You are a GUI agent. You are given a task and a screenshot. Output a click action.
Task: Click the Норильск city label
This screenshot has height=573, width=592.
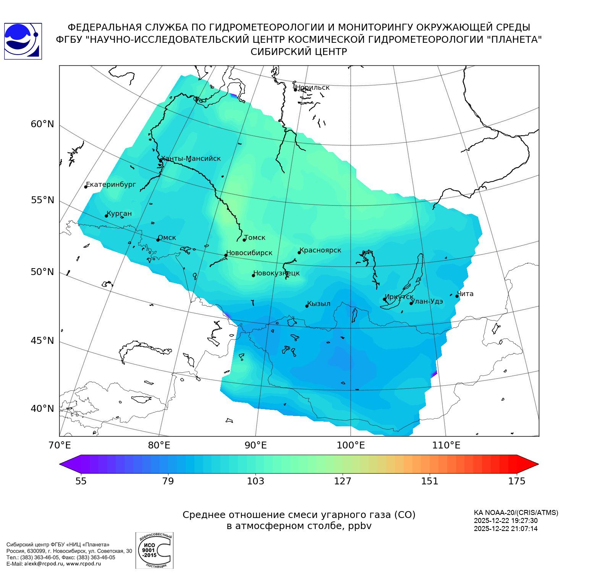(x=312, y=87)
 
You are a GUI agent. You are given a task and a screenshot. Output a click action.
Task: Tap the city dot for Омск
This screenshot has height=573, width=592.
(x=158, y=240)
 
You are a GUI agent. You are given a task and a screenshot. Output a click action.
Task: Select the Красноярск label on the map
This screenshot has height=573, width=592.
(x=320, y=251)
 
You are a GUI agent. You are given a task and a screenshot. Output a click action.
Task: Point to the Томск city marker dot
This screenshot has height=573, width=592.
(x=244, y=240)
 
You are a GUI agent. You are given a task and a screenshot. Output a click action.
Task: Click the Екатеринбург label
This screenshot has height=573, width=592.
(x=111, y=185)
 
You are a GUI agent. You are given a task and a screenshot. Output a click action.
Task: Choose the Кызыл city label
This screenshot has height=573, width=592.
(x=319, y=304)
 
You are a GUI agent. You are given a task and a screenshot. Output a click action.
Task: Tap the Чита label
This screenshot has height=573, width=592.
(x=465, y=294)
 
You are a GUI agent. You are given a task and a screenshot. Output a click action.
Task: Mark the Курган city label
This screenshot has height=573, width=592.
(x=119, y=214)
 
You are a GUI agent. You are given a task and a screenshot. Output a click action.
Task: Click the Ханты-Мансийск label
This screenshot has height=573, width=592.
(x=191, y=159)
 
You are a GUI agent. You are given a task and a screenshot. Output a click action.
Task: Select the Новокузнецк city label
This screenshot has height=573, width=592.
(x=277, y=273)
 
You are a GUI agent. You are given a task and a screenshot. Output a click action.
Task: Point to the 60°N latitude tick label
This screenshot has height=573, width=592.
(x=42, y=124)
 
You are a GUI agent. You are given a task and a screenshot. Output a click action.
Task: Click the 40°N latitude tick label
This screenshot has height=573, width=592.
(x=42, y=409)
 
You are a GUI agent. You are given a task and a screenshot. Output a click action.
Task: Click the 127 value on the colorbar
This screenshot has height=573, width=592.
(x=343, y=481)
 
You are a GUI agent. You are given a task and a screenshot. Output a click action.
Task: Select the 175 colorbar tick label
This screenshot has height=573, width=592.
(x=517, y=481)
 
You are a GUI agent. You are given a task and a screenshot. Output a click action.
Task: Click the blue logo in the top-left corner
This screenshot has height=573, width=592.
(x=23, y=41)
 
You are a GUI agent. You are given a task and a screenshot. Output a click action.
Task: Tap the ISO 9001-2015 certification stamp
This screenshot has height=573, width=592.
(x=154, y=550)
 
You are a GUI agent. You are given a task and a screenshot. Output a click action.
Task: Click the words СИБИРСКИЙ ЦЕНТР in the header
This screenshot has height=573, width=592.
(x=299, y=52)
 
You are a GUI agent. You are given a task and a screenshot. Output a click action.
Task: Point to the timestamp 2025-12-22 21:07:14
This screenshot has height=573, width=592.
(x=506, y=529)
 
